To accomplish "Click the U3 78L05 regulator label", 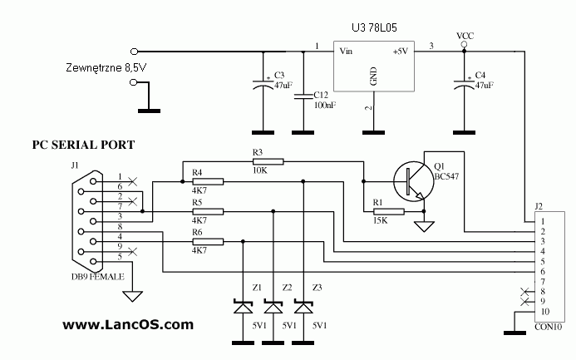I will (374, 27).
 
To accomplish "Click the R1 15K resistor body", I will (387, 212).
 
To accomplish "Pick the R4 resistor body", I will (207, 180).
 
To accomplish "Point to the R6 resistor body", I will (207, 242).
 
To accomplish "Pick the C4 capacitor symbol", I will (463, 83).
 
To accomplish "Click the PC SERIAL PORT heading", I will (83, 144).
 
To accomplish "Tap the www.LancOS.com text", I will (127, 324).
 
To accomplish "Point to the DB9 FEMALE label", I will (97, 274).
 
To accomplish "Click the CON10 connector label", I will (549, 327).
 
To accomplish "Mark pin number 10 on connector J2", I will (545, 312).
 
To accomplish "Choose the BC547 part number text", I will (447, 176).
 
